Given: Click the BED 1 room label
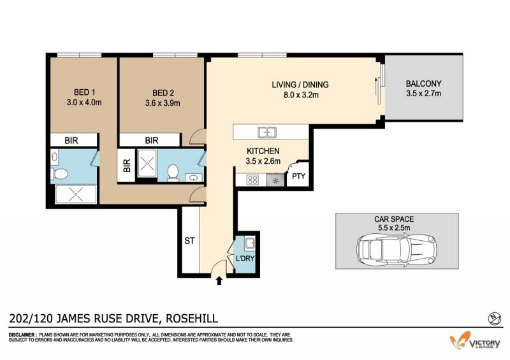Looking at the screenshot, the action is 84,92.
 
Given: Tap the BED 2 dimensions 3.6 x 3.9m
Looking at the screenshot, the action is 163,103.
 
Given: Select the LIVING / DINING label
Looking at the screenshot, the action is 300,85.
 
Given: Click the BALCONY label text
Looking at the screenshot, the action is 423,83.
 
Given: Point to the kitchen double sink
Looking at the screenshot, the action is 267,133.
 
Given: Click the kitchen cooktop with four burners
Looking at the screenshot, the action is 252,180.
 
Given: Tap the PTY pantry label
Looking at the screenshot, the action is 298,176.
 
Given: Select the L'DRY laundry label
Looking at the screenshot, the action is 245,259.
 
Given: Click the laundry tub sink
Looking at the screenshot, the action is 250,243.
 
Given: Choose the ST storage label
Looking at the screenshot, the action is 189,241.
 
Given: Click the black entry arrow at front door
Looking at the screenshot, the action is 219,280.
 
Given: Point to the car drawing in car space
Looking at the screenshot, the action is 397,250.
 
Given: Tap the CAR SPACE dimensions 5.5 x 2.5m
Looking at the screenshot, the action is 394,227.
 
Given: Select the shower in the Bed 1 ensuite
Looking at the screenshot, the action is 76,194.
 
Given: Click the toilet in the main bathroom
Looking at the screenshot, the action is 173,173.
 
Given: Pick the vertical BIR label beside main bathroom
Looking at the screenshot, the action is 126,165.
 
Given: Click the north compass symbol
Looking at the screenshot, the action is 495,319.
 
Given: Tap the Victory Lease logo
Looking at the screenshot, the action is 475,341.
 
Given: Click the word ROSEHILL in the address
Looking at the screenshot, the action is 192,318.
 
